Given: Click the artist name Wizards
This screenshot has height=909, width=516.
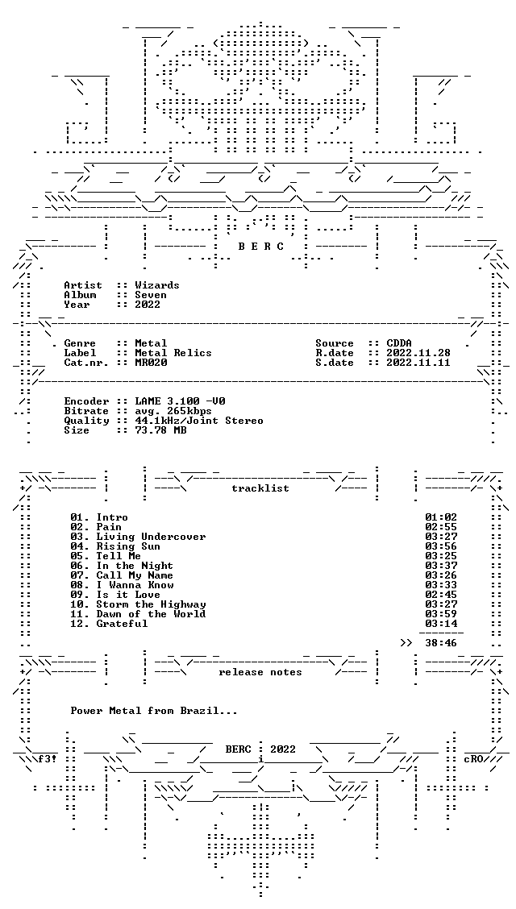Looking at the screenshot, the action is tap(157, 285).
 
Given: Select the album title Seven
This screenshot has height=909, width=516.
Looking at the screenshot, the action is tap(151, 295).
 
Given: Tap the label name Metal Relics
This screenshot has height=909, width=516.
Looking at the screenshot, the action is tap(173, 353).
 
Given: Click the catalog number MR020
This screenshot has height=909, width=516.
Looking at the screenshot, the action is tap(151, 363).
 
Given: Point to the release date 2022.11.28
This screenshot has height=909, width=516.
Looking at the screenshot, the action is tap(418, 353).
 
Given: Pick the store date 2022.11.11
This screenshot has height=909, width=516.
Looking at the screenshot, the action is tap(418, 363).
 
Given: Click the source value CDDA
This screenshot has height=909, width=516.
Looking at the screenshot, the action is tap(399, 343).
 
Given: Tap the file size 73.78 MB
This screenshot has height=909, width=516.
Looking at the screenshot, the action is tap(160, 430).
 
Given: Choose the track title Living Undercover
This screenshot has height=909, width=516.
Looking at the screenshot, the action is tap(151, 537).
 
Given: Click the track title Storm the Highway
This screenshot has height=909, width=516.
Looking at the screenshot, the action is tap(151, 604).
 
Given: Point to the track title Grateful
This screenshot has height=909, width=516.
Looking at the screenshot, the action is tap(122, 624).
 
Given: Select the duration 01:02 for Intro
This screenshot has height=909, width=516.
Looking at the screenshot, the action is tap(441, 517).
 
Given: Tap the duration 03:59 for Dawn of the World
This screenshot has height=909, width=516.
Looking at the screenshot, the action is tap(441, 614).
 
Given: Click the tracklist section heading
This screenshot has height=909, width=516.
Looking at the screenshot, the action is tap(260, 488).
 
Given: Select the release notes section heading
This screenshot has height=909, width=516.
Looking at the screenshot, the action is tap(260, 672).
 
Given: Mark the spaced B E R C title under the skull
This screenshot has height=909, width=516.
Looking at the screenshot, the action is tap(261, 247).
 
